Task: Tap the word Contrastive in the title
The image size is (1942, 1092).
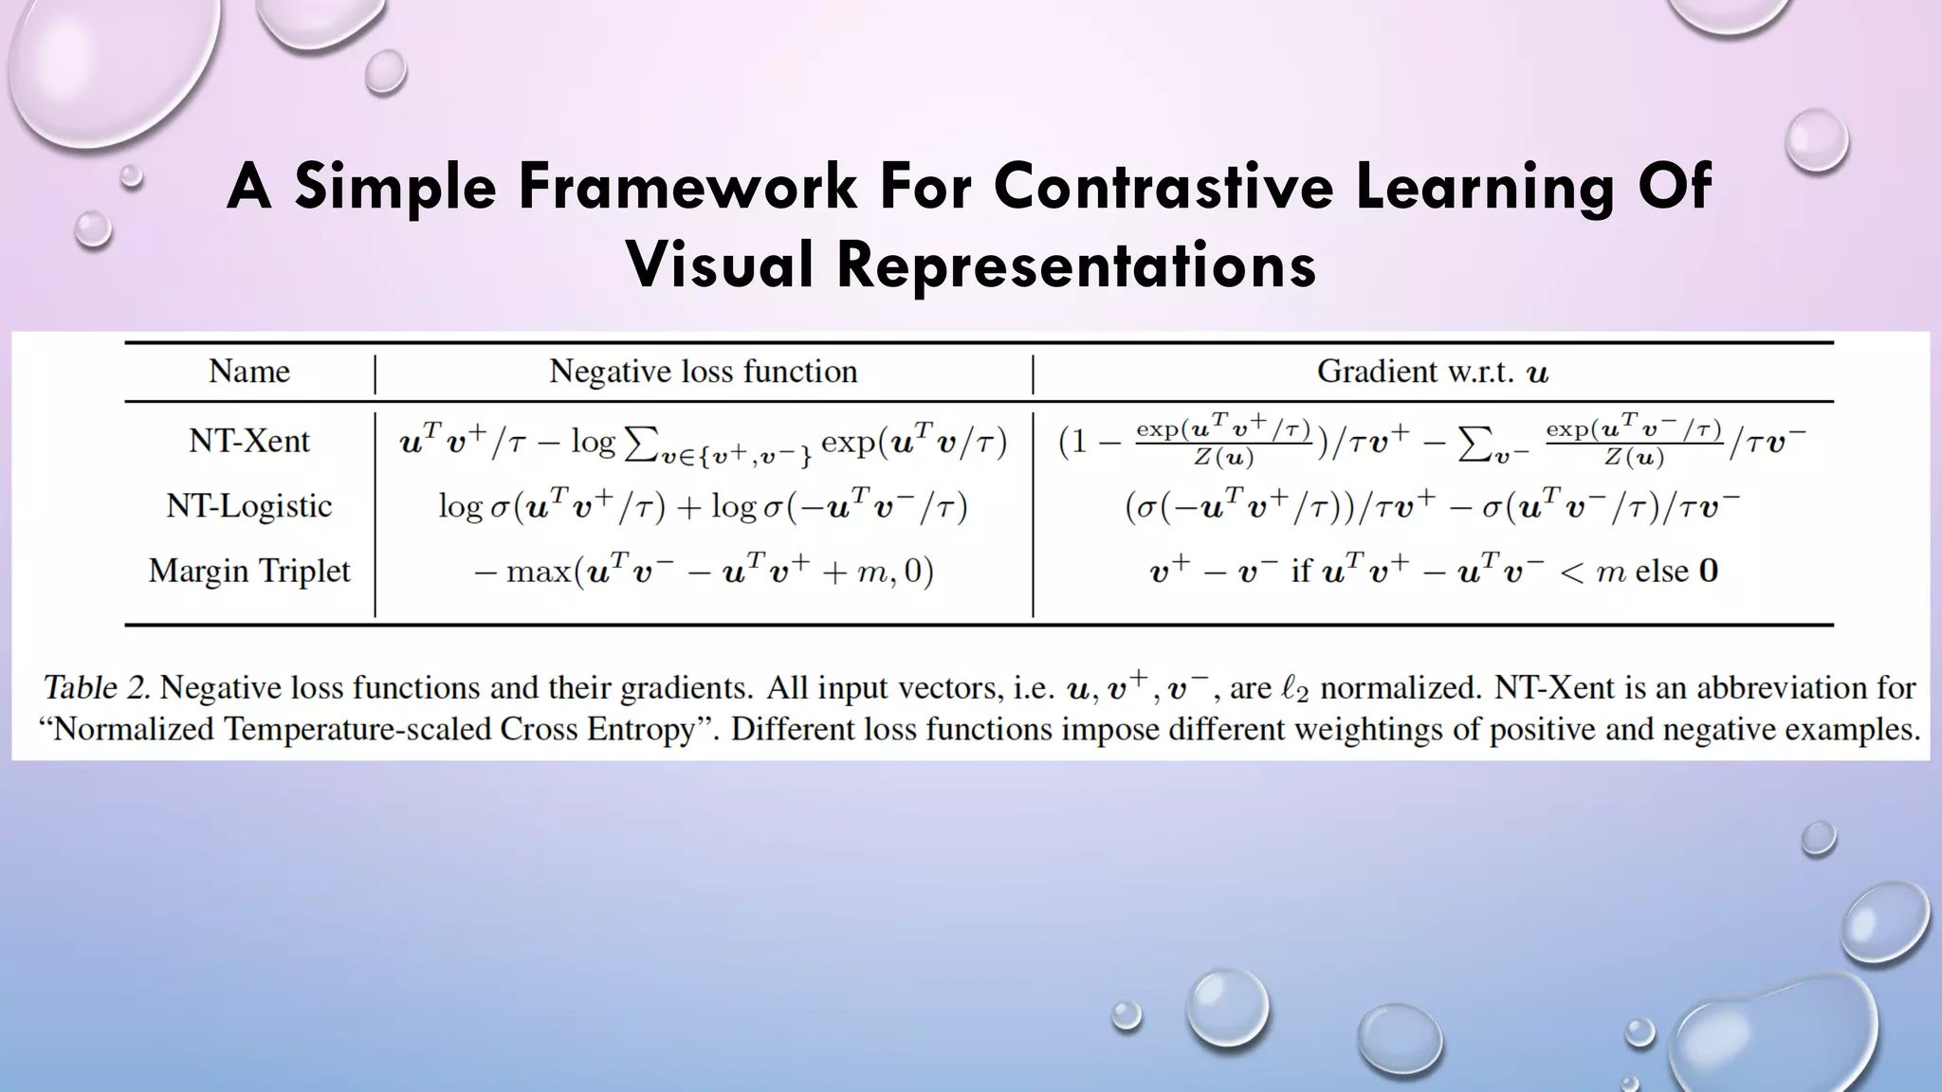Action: click(x=1164, y=187)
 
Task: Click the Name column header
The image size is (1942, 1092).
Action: click(x=249, y=372)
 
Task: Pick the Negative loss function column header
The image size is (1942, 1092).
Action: click(x=703, y=372)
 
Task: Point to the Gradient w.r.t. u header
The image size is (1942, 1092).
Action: click(x=1432, y=372)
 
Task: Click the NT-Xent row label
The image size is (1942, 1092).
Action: click(x=249, y=442)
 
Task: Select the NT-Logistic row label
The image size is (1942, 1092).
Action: click(x=249, y=506)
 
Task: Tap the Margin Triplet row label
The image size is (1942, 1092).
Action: click(x=249, y=572)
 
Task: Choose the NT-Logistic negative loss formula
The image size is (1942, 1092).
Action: click(x=703, y=507)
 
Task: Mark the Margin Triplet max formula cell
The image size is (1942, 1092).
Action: click(x=703, y=572)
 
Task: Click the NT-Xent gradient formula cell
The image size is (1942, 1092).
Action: click(x=1432, y=443)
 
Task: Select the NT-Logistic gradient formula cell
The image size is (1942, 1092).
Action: click(x=1432, y=507)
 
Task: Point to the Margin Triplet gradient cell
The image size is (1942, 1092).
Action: click(x=1432, y=572)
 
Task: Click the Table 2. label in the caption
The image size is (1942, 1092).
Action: click(x=96, y=688)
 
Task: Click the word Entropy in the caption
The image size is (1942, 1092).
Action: click(x=645, y=730)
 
